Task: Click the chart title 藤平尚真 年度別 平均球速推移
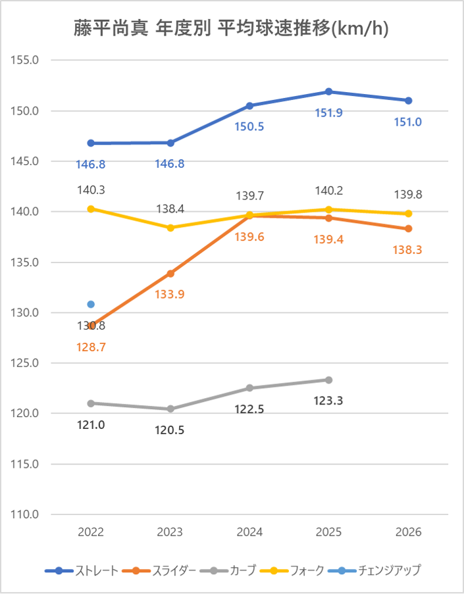point(231,28)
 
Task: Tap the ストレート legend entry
point(82,570)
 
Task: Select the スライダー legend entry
point(162,570)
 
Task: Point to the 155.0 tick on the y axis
point(26,60)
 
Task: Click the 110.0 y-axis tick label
point(26,514)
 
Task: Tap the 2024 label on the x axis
point(249,532)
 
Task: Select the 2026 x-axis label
point(408,532)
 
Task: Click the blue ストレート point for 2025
point(329,91)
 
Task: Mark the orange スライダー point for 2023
point(170,273)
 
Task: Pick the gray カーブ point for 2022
point(91,403)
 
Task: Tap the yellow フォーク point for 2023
point(170,228)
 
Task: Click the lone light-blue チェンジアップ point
point(91,305)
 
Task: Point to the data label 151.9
point(329,112)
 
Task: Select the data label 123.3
point(329,401)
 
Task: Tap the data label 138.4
point(170,209)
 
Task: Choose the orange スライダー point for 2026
point(408,228)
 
